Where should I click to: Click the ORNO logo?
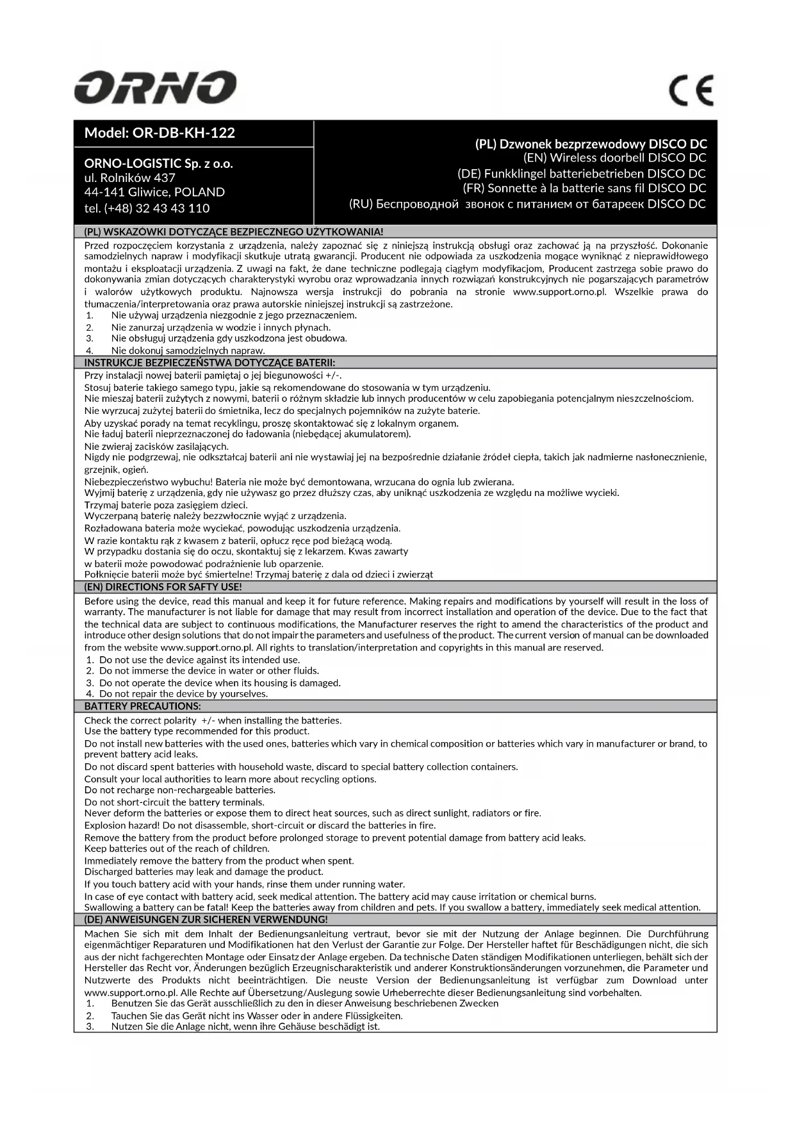(x=155, y=88)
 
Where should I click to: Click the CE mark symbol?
(x=691, y=91)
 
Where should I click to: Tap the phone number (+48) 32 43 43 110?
(x=147, y=208)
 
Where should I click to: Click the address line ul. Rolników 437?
(x=129, y=178)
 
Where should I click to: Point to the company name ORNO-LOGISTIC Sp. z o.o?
(x=158, y=163)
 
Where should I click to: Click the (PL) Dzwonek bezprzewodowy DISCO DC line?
(x=591, y=144)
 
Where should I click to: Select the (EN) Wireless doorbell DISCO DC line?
(x=614, y=158)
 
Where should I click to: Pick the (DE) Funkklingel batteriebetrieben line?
(x=581, y=173)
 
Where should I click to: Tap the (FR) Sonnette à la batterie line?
(x=584, y=188)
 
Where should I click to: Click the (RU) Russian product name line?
(x=527, y=204)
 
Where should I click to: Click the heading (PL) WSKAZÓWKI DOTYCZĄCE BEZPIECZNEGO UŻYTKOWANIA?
(x=234, y=231)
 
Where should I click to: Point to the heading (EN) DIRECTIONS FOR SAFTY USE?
(x=163, y=586)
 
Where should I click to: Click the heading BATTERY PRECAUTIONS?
(x=142, y=706)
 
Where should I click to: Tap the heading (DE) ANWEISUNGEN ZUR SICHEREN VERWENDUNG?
(x=206, y=919)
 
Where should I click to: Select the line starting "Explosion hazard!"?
(x=259, y=825)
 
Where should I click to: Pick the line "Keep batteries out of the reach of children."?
(x=177, y=848)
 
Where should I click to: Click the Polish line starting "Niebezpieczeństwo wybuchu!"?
(x=299, y=481)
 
